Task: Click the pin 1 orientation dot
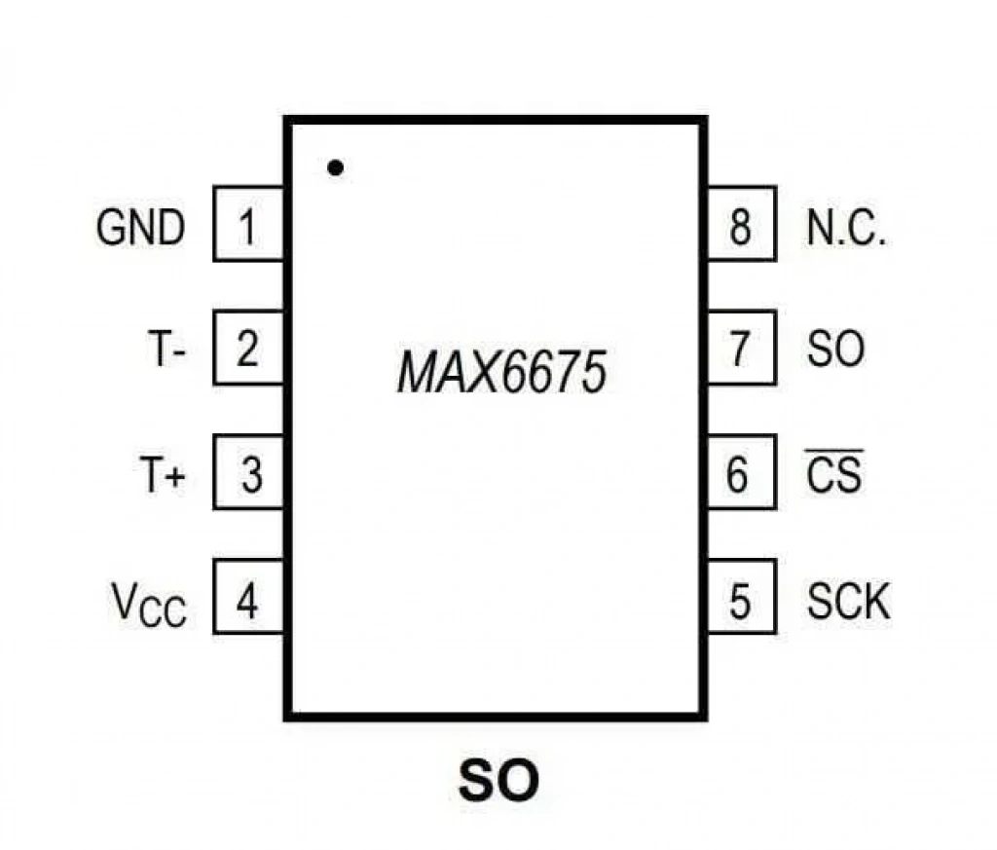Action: pos(335,167)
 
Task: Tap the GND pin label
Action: pos(140,228)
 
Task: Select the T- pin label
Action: pos(166,349)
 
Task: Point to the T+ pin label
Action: pos(163,473)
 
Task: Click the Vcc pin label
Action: pos(149,605)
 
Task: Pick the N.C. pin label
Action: pos(846,228)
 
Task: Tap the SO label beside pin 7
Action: pos(835,349)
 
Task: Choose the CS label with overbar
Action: pos(834,471)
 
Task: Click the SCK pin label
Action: pos(848,601)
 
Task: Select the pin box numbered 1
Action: pos(248,224)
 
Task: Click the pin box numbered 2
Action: pos(248,348)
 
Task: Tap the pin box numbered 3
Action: pos(248,472)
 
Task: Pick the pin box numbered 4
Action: pos(248,596)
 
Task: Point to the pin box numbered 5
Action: pos(742,596)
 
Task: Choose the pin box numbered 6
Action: pos(742,472)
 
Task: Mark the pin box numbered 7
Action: pos(742,348)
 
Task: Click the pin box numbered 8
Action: pos(742,224)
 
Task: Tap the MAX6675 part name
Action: pos(501,373)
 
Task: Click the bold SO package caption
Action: pos(498,780)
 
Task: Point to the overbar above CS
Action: pos(834,451)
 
